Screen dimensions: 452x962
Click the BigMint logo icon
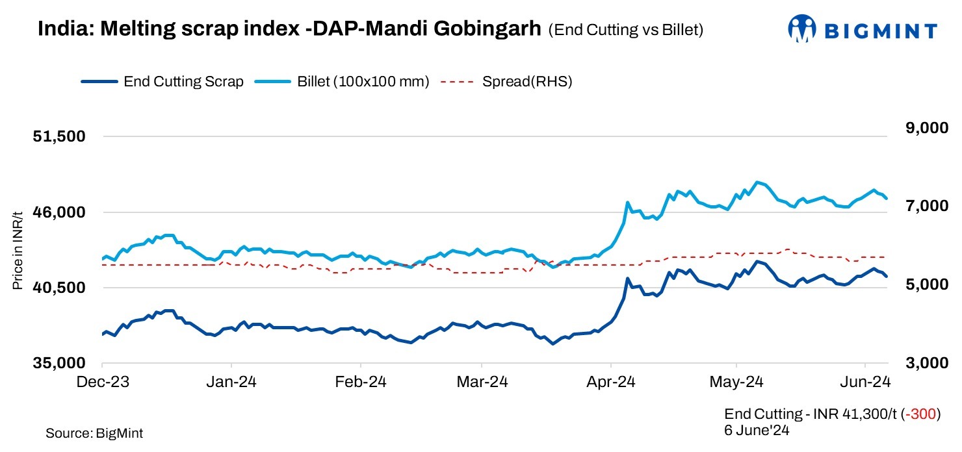[801, 29]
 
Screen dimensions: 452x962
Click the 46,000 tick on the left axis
[60, 212]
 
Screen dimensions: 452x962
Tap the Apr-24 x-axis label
[612, 382]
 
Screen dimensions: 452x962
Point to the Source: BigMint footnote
[94, 433]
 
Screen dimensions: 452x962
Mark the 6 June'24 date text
[756, 430]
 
